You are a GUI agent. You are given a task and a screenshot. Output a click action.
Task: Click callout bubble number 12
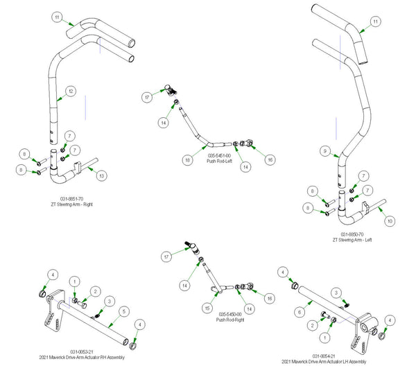click(71, 91)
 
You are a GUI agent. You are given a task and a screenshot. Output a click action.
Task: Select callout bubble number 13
click(101, 177)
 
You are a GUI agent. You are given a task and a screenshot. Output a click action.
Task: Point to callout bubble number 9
click(324, 150)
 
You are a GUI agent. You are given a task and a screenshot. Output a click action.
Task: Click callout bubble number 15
click(207, 307)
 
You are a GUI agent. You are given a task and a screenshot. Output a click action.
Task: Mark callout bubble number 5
click(123, 311)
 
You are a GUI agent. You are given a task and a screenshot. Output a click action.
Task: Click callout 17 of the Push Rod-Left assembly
click(147, 98)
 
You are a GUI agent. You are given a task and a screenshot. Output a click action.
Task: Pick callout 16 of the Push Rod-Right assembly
click(270, 297)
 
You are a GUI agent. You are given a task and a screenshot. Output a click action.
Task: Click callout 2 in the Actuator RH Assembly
click(96, 291)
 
